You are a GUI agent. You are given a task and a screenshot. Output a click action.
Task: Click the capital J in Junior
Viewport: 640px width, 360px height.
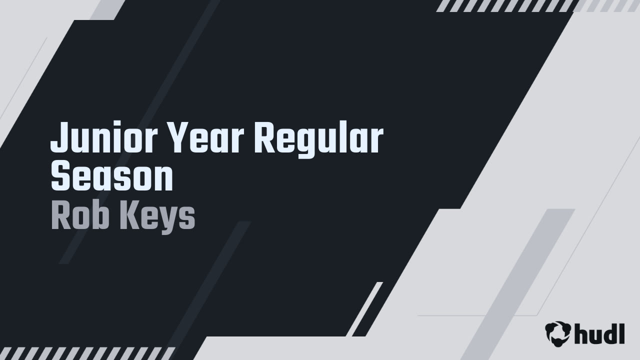pos(59,138)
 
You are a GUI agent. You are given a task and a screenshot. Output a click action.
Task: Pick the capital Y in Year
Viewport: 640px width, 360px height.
pos(176,138)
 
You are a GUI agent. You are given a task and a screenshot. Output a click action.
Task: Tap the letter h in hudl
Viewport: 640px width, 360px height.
pos(581,333)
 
